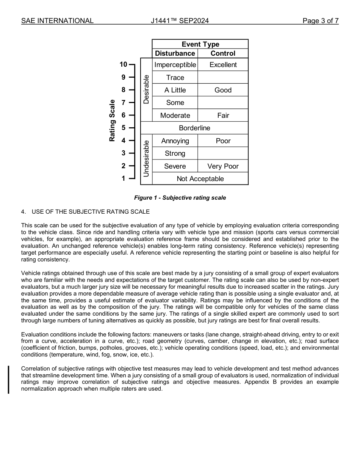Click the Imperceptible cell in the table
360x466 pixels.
coord(175,65)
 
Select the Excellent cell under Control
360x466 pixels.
coord(223,65)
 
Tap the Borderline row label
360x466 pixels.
coord(194,128)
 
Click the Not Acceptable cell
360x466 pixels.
coord(200,179)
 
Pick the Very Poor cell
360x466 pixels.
coord(223,166)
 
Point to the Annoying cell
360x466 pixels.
coord(175,141)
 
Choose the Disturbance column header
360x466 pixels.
coord(175,53)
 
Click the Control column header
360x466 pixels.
coord(223,53)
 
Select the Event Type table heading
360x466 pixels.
coord(200,44)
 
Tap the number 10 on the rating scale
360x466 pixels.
coord(123,64)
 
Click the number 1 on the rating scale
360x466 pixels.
coord(123,178)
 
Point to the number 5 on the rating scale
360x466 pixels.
coord(123,128)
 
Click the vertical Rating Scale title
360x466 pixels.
coord(112,120)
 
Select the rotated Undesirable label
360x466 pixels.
coord(146,159)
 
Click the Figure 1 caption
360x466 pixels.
coord(180,198)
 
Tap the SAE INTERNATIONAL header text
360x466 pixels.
coord(57,21)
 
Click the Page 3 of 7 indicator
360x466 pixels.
coord(320,21)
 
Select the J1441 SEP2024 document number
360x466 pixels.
coord(180,21)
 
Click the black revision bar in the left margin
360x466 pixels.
coord(9,380)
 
